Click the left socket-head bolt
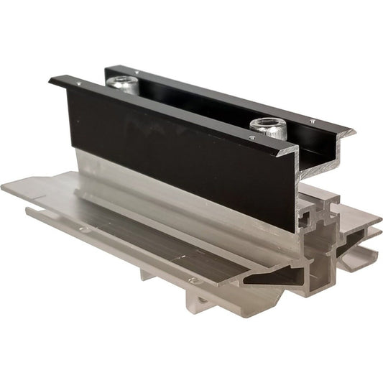click(123, 84)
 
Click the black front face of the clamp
click(180, 158)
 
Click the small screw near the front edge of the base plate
click(192, 280)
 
